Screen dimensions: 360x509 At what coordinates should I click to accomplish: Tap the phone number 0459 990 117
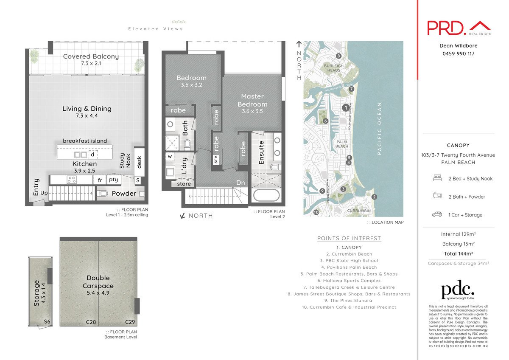458,54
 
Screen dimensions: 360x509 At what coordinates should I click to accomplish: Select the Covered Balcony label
91,56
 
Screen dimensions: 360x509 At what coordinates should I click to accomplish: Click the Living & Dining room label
87,109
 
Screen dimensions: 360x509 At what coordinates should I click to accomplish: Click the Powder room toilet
102,194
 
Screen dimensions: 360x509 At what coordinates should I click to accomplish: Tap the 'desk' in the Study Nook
139,160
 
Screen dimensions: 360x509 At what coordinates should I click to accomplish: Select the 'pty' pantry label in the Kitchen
113,180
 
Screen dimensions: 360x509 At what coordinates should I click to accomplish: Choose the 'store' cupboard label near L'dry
184,184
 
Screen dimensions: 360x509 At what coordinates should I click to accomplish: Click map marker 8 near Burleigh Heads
338,56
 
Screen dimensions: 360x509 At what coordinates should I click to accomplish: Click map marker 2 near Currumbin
374,197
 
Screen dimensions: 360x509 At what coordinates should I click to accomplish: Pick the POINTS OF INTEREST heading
349,238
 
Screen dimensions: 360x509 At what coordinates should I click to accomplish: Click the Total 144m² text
458,253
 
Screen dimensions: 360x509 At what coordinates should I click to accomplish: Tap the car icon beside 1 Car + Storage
437,215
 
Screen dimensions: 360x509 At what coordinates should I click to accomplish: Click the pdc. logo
457,291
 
